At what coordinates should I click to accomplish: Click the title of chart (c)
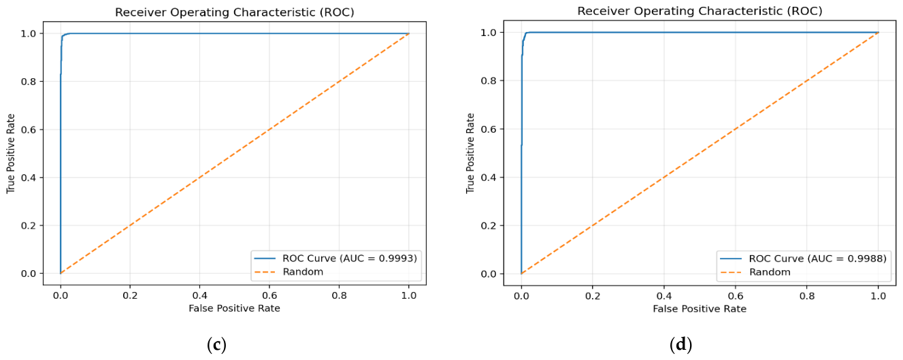(235, 12)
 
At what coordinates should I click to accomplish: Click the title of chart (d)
(700, 12)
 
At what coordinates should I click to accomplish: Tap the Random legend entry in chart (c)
(289, 272)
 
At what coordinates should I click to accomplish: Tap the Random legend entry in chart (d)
(755, 272)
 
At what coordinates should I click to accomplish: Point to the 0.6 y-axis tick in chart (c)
(29, 129)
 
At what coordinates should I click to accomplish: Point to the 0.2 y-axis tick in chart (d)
(489, 226)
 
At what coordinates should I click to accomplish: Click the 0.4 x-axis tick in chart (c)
(200, 296)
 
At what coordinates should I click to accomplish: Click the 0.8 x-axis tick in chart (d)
(806, 296)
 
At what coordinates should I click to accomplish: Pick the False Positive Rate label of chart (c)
(234, 309)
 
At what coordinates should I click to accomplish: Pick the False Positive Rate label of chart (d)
(700, 309)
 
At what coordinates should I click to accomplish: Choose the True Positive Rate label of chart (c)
(11, 154)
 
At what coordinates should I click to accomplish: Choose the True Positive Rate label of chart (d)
(470, 153)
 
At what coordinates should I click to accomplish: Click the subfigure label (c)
(216, 344)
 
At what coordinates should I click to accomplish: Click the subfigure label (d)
(681, 344)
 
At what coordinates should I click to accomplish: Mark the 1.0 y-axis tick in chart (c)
(29, 33)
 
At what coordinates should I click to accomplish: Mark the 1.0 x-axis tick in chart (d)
(878, 296)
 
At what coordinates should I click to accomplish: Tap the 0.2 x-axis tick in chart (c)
(130, 296)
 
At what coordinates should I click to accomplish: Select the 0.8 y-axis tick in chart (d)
(489, 80)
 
